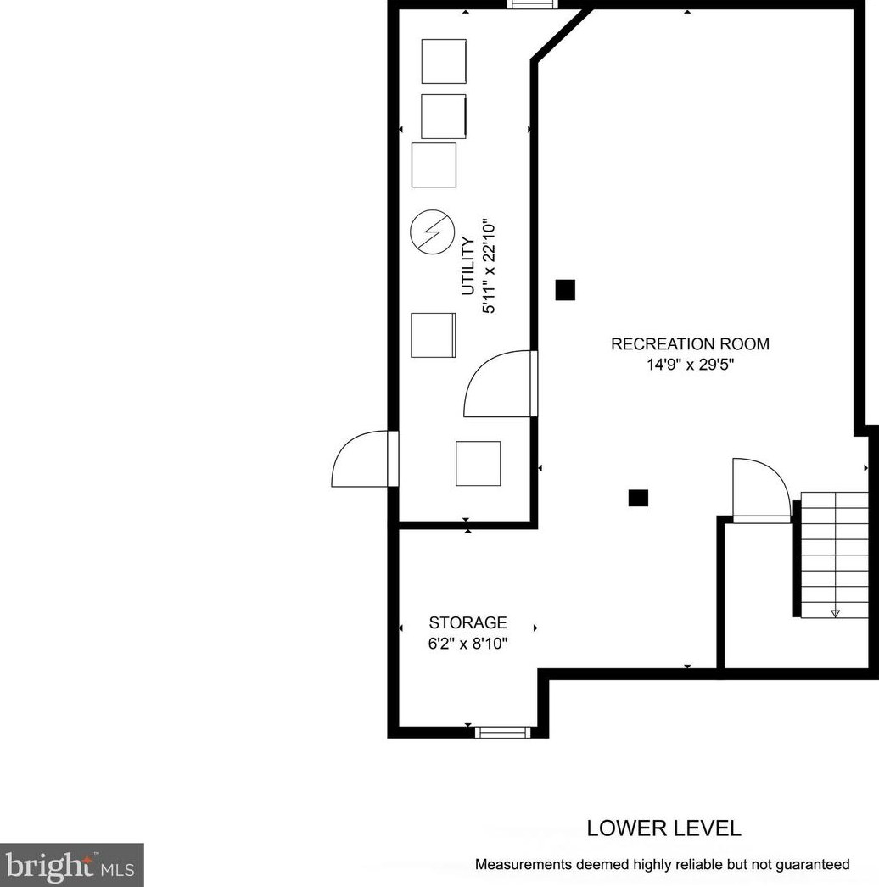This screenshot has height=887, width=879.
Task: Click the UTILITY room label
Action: [x=468, y=266]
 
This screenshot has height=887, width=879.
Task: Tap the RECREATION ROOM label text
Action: [x=690, y=344]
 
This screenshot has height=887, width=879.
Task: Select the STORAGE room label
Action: [x=467, y=622]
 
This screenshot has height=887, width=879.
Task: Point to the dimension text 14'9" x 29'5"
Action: [x=690, y=365]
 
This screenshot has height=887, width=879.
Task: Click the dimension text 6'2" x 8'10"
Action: [x=467, y=644]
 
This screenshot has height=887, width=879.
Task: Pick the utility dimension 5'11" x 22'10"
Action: [x=489, y=266]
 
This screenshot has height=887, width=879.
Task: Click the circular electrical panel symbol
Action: [x=433, y=232]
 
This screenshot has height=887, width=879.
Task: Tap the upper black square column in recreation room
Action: [x=565, y=290]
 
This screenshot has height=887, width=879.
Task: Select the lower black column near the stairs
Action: [x=638, y=498]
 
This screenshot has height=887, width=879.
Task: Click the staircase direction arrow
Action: [x=835, y=613]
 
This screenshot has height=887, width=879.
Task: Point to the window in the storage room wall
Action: [x=502, y=733]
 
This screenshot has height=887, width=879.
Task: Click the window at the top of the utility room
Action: [x=532, y=4]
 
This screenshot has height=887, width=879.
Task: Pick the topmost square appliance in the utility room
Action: [x=444, y=61]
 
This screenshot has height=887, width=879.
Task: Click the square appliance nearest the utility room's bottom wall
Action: [x=479, y=463]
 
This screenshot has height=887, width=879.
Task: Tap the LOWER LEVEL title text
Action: [x=664, y=828]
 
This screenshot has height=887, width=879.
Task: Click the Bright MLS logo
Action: [x=72, y=865]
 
